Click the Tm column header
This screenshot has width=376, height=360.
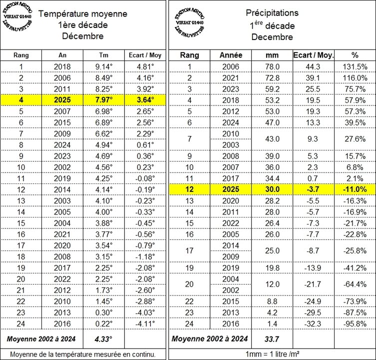[x=104, y=55]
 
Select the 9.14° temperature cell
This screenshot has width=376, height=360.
[x=104, y=66]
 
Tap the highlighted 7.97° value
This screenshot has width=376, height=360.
[x=104, y=100]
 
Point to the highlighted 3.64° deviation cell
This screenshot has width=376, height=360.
[x=145, y=100]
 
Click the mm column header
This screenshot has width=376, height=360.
[x=272, y=55]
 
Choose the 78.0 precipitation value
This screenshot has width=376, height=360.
[x=272, y=66]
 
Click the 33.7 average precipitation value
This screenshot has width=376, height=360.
[x=272, y=339]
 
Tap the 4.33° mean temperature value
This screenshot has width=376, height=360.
[x=103, y=339]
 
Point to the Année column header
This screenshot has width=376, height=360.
[x=231, y=55]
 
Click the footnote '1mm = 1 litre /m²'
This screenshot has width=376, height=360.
[x=272, y=354]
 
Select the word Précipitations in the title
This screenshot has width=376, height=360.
[x=272, y=13]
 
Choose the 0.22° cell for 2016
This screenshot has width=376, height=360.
[x=104, y=324]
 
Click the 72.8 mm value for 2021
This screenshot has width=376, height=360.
[x=272, y=77]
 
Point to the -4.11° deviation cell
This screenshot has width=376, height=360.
[x=145, y=324]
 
